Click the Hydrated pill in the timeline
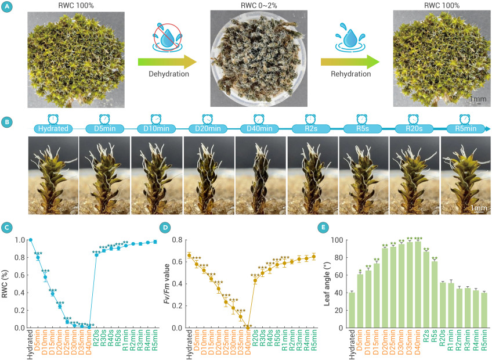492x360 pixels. pyautogui.click(x=52, y=128)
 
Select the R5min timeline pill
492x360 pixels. pyautogui.click(x=465, y=128)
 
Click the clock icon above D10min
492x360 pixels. pyautogui.click(x=155, y=118)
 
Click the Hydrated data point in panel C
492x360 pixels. pyautogui.click(x=31, y=239)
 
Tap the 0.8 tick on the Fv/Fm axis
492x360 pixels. pyautogui.click(x=180, y=240)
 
